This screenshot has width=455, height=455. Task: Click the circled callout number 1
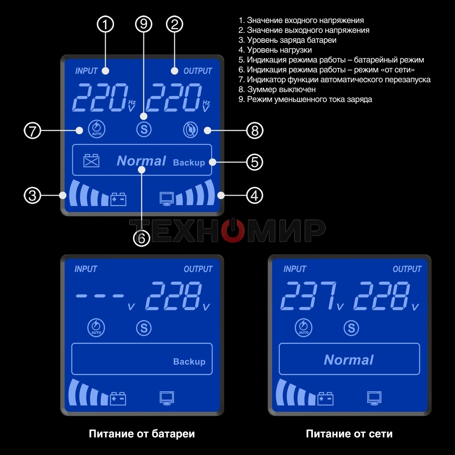tap(105, 25)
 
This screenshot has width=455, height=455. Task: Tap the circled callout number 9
tap(143, 25)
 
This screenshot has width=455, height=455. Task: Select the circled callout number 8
tap(255, 131)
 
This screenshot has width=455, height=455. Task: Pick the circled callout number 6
tap(141, 238)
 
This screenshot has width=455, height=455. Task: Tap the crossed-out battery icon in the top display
tap(91, 160)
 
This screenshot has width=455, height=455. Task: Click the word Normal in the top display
tap(141, 161)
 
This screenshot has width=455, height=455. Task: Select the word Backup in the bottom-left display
tap(189, 361)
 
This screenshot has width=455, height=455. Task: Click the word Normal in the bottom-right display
tap(348, 360)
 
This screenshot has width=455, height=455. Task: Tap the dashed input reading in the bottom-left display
tap(100, 296)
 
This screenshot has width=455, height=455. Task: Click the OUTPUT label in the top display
tap(198, 71)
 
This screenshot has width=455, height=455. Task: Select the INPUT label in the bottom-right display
tap(295, 269)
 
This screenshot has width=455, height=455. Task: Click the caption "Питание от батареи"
tap(141, 434)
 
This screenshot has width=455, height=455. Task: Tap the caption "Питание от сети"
tap(349, 434)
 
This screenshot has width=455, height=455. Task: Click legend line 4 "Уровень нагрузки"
tap(275, 50)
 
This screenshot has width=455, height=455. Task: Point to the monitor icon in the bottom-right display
tap(374, 398)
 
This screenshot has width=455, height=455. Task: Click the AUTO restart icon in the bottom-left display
tap(96, 328)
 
